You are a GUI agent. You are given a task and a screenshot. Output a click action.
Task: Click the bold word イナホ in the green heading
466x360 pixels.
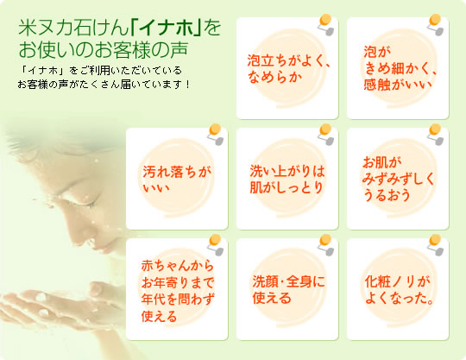pos(167,28)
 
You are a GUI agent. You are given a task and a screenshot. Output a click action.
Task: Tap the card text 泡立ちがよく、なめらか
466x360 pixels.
pos(289,69)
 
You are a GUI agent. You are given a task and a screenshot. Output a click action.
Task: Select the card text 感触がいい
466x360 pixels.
pos(398,85)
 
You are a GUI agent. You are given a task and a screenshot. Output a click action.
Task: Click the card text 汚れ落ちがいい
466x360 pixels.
pos(177,180)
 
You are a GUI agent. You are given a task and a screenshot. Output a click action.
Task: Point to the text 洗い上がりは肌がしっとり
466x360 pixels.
pos(287,180)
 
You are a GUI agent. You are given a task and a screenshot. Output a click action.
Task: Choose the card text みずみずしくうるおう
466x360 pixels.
pos(398,187)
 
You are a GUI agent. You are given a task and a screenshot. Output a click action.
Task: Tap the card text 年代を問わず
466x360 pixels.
pos(178,300)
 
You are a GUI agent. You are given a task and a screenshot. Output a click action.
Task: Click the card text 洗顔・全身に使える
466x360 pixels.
pos(288,289)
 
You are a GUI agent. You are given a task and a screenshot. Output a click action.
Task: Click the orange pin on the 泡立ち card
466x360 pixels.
pos(325,20)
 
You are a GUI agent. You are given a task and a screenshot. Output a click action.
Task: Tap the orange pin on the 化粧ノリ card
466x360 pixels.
pos(436,240)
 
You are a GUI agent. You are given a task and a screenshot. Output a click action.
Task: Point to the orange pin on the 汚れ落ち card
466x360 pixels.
pos(215,129)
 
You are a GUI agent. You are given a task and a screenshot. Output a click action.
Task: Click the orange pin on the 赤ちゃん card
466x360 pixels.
pos(215,240)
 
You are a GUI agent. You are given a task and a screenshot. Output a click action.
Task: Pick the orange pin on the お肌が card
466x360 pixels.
pos(436,129)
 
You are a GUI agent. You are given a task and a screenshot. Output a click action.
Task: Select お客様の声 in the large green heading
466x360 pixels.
pos(141,50)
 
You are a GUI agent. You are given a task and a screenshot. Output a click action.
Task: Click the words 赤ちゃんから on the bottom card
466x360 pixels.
pos(178,265)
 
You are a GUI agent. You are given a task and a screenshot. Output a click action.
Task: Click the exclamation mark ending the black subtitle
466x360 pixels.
pos(187,85)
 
